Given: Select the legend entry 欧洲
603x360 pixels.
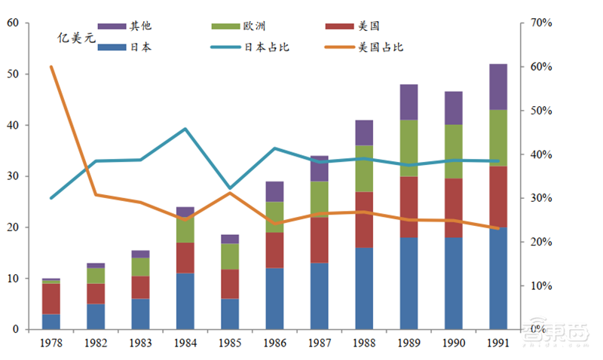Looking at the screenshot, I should point(253,26).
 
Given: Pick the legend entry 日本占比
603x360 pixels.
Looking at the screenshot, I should point(266,47).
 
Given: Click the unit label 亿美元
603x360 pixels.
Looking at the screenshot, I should point(76,38).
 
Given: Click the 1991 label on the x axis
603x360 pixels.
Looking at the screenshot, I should point(497,343).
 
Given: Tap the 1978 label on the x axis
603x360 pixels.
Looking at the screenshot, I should point(51,343).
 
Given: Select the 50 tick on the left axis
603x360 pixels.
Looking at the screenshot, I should point(13,74).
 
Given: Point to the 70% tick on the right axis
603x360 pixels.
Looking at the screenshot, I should point(540,23).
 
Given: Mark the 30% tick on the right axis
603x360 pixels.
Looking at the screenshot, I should point(540,198).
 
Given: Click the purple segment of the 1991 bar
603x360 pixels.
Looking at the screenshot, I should point(497,87).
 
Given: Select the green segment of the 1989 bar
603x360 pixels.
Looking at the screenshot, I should point(409,148).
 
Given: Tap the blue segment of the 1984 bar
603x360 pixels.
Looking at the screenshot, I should point(185,301).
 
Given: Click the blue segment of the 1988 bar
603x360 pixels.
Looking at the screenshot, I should point(364,288).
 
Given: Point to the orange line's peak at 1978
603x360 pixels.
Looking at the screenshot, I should point(51,66).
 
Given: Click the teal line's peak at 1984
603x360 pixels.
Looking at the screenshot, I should point(185,129).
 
